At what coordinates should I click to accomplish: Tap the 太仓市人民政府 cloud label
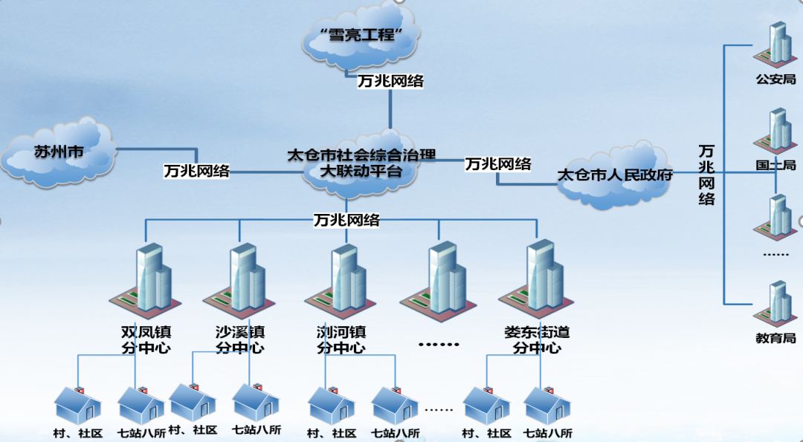[x=615, y=176]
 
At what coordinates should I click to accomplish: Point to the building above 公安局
[x=775, y=45]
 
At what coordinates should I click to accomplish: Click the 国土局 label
[x=775, y=165]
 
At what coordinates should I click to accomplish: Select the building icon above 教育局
[x=775, y=303]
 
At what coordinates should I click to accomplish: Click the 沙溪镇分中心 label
[x=239, y=339]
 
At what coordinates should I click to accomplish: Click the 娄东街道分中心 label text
[x=537, y=339]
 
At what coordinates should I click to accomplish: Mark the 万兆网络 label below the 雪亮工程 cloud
[x=390, y=81]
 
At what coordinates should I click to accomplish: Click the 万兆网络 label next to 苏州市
[x=197, y=171]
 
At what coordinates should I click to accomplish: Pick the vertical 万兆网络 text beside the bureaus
[x=706, y=175]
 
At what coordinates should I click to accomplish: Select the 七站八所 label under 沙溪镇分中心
[x=257, y=429]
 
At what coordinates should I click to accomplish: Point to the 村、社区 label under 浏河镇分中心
[x=332, y=433]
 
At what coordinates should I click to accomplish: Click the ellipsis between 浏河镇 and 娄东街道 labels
[x=439, y=344]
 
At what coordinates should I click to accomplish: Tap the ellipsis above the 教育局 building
[x=775, y=254]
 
